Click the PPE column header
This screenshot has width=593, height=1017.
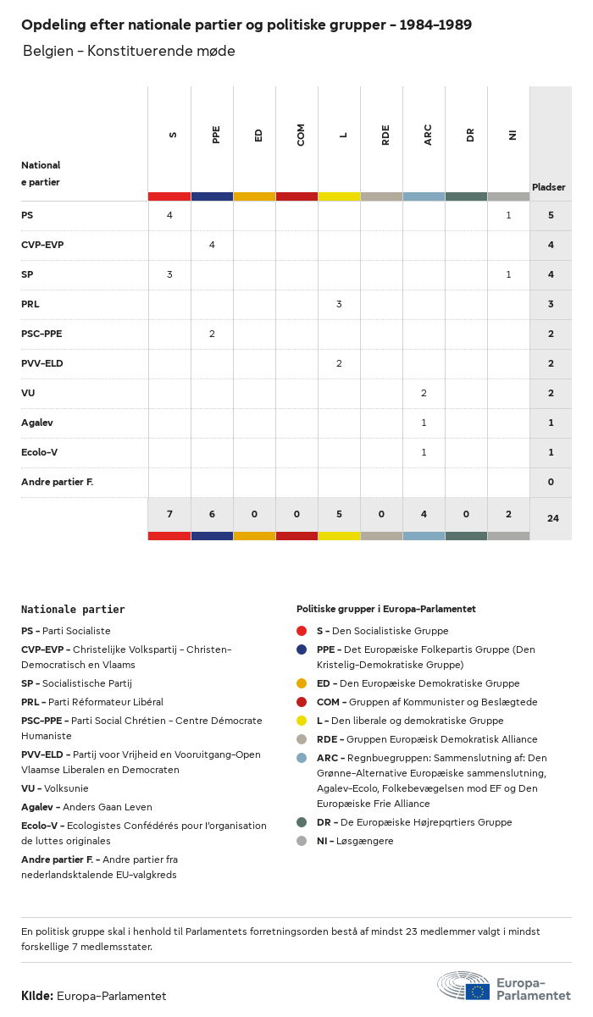[x=216, y=134]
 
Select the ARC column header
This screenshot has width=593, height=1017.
[x=428, y=134]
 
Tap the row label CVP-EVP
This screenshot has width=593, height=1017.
[x=42, y=245]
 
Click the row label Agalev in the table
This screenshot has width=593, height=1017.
[x=37, y=423]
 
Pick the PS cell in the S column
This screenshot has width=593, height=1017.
[x=169, y=215]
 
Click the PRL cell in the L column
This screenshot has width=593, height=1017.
[x=339, y=304]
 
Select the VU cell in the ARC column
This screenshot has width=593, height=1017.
[x=424, y=393]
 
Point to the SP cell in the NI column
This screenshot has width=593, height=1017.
[x=508, y=274]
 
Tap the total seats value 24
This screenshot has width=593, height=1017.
[x=552, y=517]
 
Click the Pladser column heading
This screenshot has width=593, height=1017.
[x=549, y=187]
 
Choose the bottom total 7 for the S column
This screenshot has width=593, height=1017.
[x=169, y=515]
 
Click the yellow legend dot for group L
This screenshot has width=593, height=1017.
[x=302, y=721]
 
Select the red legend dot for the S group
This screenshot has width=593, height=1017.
[x=302, y=631]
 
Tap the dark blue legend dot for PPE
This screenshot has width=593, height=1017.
[x=302, y=649]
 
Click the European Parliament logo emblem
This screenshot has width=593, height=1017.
[x=463, y=986]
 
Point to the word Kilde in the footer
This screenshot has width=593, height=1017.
[x=37, y=996]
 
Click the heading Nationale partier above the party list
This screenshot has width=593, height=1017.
[x=73, y=609]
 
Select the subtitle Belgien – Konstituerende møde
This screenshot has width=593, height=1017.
[x=129, y=52]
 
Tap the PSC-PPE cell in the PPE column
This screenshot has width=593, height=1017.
[x=212, y=334]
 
